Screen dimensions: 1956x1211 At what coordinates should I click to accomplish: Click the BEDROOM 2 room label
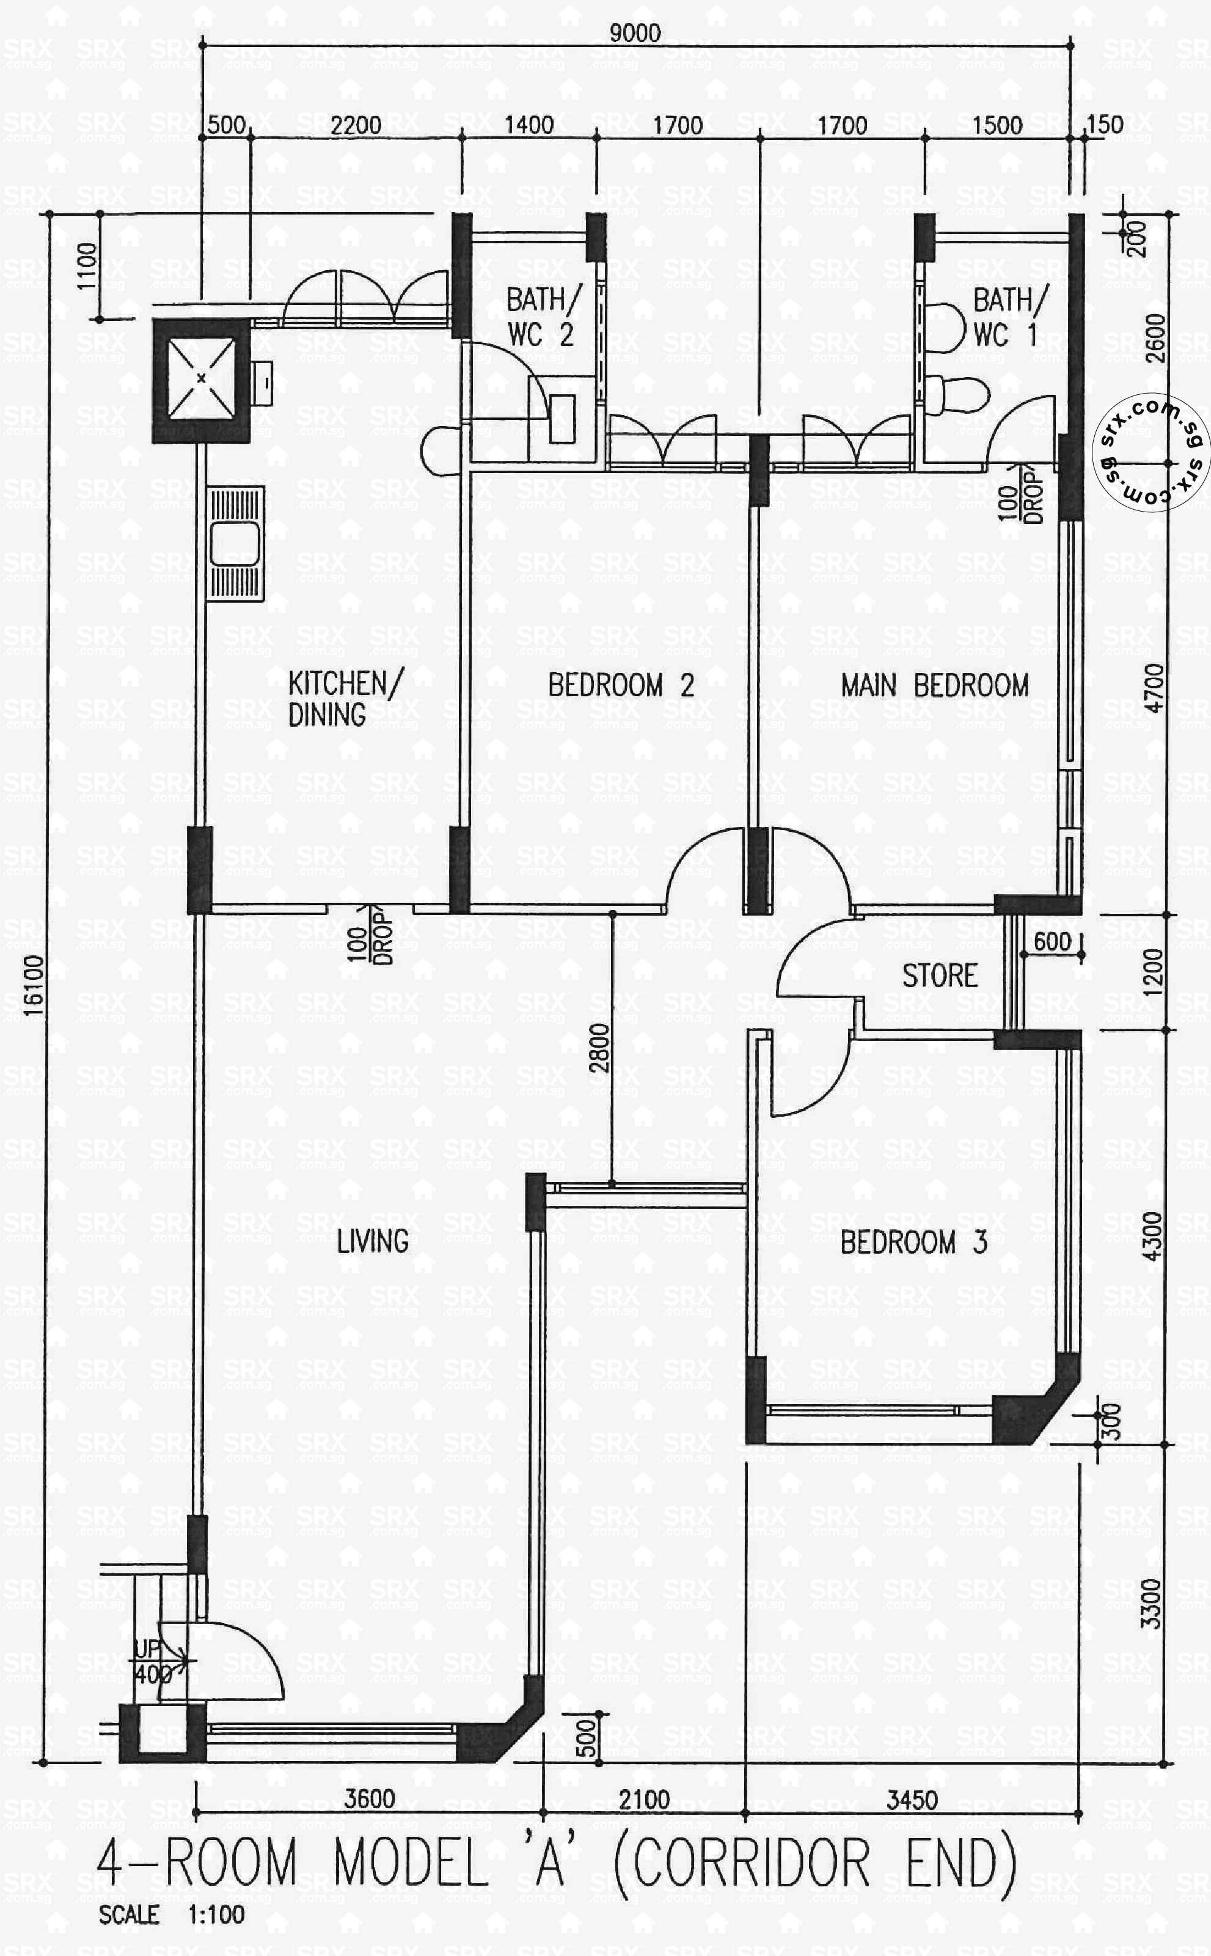621,686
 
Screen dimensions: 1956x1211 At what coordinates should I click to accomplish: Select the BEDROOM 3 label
913,1243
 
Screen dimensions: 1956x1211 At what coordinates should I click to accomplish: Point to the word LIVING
373,1242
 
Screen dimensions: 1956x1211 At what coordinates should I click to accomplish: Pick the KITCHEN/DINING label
346,699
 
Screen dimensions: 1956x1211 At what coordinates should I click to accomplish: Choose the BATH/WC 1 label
1009,317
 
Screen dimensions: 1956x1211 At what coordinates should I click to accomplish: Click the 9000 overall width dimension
635,33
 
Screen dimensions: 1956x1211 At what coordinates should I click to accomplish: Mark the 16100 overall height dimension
34,985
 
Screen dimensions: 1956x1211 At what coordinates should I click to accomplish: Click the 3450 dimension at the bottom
912,1801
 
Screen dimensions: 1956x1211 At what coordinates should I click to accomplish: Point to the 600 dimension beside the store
1052,941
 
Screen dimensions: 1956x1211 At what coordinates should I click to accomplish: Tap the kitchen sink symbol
235,543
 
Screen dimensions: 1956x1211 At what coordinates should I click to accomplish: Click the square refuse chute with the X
201,378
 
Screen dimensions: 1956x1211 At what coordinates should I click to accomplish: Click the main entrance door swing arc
240,1657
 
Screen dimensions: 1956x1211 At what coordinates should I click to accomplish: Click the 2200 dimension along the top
356,125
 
